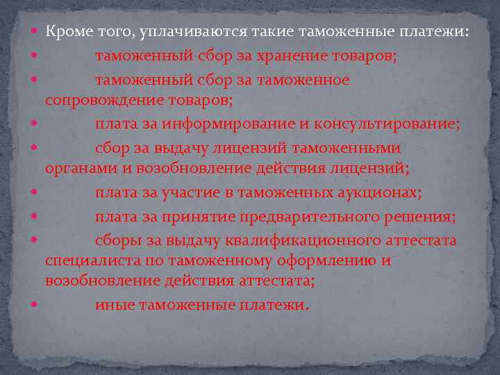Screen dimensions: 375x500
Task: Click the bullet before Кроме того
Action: pyautogui.click(x=35, y=32)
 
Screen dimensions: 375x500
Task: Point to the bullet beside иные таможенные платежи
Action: pyautogui.click(x=35, y=305)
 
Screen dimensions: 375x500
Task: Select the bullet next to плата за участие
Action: pyautogui.click(x=35, y=193)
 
